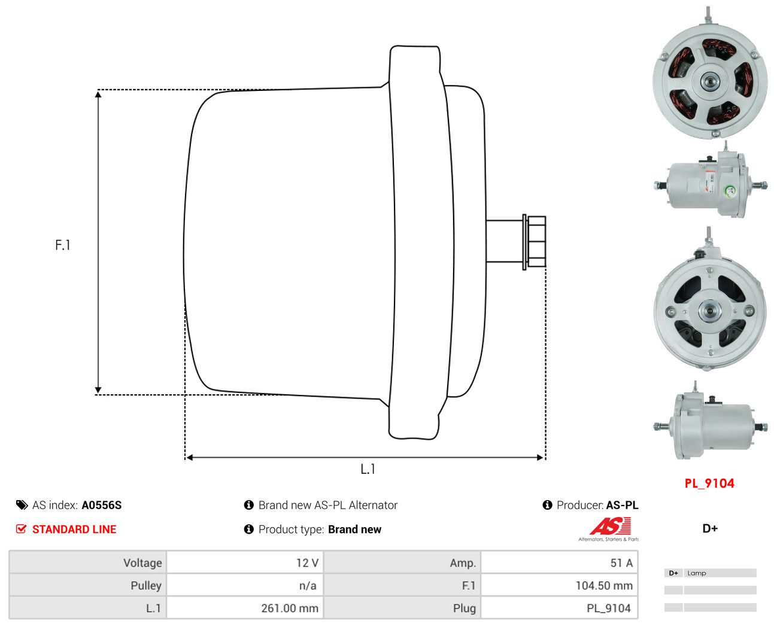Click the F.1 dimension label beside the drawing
(x=62, y=245)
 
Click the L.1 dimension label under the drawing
(x=368, y=469)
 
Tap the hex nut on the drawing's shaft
(x=536, y=242)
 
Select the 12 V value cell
(x=245, y=563)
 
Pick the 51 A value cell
(x=559, y=563)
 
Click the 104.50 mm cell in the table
(x=559, y=585)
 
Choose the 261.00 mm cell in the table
(x=245, y=608)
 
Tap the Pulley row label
(x=145, y=585)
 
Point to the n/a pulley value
(x=308, y=586)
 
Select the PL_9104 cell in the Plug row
(x=559, y=608)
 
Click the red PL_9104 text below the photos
(x=709, y=483)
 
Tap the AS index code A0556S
(x=101, y=505)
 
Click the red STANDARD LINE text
(x=74, y=529)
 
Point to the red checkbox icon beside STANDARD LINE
(x=21, y=529)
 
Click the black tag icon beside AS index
(x=22, y=505)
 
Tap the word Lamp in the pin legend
(x=696, y=573)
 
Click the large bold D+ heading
(x=710, y=528)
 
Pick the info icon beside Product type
(x=248, y=529)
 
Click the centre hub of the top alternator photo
(x=708, y=82)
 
